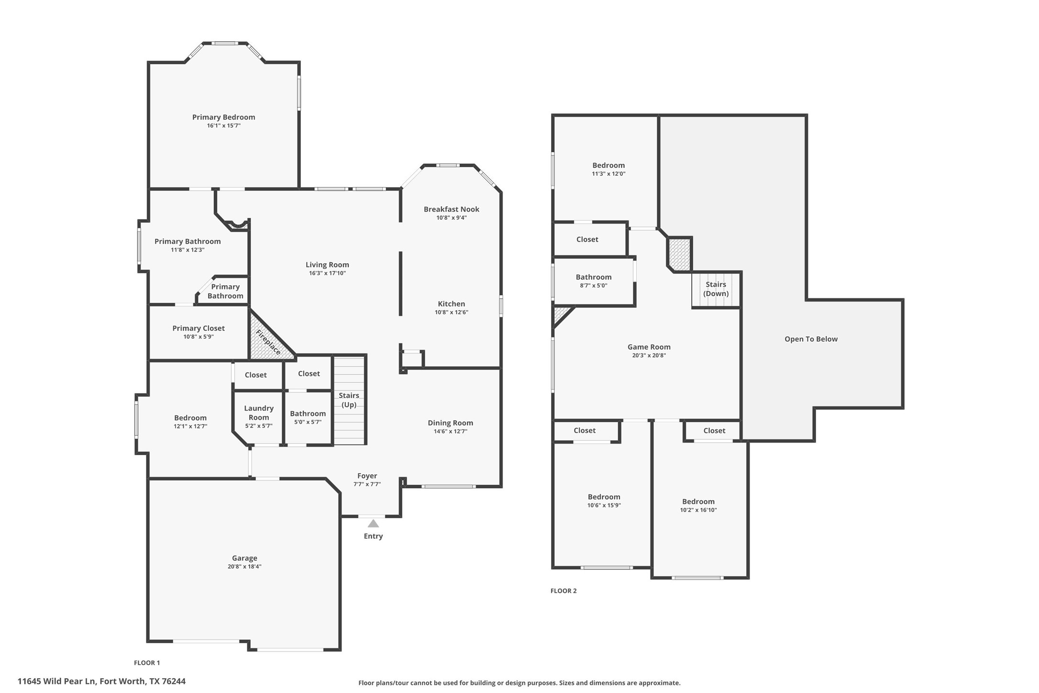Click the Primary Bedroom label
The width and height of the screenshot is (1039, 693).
pos(223,117)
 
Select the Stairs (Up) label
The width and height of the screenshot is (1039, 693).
pos(349,400)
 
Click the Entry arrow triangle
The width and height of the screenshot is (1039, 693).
pos(373,524)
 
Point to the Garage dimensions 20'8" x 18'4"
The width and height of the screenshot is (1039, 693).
pos(244,567)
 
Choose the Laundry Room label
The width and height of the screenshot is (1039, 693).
pos(259,413)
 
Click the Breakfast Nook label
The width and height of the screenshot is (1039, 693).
pos(451,209)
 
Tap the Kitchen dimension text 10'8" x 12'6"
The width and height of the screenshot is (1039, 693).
pos(451,313)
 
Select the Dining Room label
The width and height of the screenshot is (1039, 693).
pos(450,423)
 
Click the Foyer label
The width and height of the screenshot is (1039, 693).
pos(367,476)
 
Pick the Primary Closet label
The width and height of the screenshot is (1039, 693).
pos(199,328)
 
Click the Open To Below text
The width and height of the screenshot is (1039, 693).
pos(811,339)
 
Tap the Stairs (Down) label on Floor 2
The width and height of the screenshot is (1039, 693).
pos(716,289)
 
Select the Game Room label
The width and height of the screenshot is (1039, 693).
pos(649,347)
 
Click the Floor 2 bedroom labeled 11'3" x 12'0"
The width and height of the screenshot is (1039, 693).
pos(608,166)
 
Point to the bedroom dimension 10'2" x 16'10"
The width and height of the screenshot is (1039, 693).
pos(698,510)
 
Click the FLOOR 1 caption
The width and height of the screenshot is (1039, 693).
pos(147,663)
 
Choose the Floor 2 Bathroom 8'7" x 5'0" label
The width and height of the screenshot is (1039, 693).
pos(593,277)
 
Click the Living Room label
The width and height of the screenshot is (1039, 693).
pos(327,265)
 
